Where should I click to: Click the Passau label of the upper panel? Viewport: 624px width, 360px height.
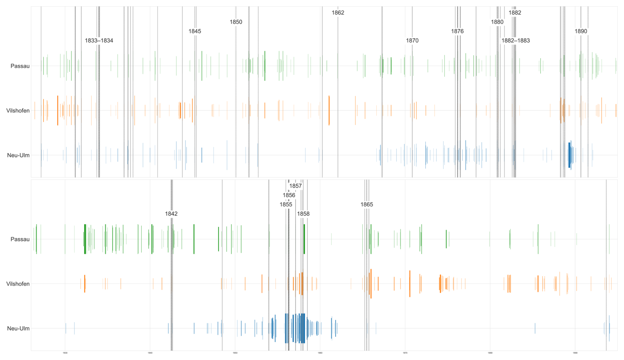20,66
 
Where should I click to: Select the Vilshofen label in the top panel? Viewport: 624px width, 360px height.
18,111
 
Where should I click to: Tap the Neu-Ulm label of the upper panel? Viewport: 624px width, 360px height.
18,155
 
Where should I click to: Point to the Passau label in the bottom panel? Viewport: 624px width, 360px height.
20,239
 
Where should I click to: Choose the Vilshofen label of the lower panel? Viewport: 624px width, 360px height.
18,284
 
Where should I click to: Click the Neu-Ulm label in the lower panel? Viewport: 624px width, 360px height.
18,329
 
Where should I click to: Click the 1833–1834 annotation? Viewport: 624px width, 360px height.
99,41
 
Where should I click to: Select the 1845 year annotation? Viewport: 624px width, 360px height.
195,31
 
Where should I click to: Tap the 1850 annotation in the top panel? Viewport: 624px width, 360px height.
236,22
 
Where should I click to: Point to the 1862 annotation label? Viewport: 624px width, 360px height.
338,13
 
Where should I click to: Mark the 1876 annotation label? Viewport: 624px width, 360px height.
457,31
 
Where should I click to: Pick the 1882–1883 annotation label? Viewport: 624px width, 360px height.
515,41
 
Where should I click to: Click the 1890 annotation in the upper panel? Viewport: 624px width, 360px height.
581,31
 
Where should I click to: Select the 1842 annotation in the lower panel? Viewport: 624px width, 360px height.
171,214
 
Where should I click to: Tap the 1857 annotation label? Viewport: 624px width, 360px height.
295,186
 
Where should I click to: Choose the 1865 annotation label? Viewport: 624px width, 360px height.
366,205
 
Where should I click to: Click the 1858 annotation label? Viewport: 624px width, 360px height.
303,214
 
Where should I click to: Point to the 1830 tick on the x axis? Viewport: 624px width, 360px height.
65,353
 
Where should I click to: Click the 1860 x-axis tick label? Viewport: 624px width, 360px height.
320,353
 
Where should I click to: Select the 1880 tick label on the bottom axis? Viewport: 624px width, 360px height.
490,353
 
